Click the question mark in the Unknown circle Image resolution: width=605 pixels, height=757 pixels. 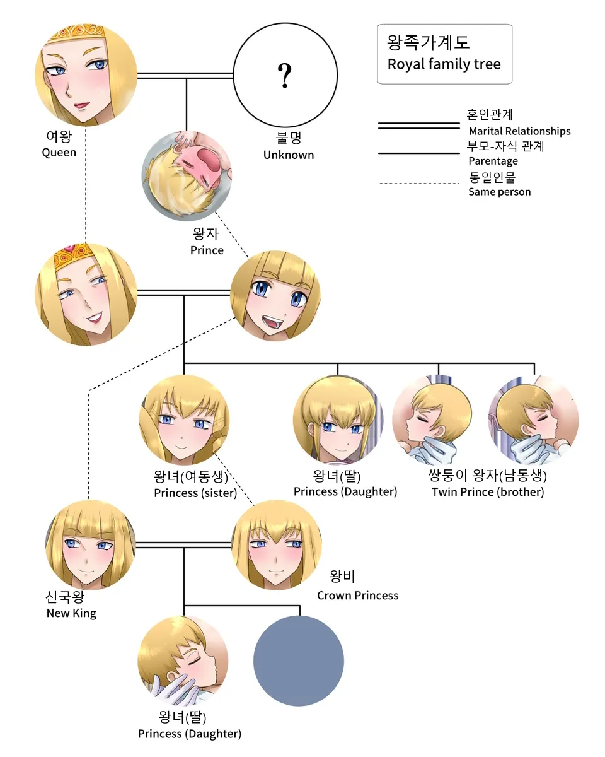pyautogui.click(x=285, y=76)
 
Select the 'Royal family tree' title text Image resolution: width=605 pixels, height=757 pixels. pyautogui.click(x=444, y=64)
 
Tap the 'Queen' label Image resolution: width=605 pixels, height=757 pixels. pyautogui.click(x=59, y=153)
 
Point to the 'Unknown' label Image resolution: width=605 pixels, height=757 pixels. pyautogui.click(x=288, y=155)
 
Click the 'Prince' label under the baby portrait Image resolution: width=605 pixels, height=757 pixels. pyautogui.click(x=207, y=250)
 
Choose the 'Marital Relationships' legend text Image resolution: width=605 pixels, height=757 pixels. pyautogui.click(x=519, y=131)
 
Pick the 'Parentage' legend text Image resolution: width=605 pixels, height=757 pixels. pyautogui.click(x=493, y=161)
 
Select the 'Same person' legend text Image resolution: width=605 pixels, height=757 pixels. pyautogui.click(x=499, y=192)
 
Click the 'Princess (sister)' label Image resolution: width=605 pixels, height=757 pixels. pyautogui.click(x=195, y=493)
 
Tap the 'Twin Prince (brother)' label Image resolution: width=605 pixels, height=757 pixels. pyautogui.click(x=487, y=492)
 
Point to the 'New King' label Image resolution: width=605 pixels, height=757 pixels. pyautogui.click(x=71, y=613)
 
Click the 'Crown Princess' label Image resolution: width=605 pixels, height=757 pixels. pyautogui.click(x=357, y=596)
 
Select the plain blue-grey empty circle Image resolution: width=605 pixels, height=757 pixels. pyautogui.click(x=298, y=661)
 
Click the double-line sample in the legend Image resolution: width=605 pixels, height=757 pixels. pyautogui.click(x=418, y=126)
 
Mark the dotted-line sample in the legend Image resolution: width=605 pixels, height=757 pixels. pyautogui.click(x=418, y=184)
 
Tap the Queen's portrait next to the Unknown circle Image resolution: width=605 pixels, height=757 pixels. pyautogui.click(x=86, y=75)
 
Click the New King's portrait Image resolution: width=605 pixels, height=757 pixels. pyautogui.click(x=90, y=544)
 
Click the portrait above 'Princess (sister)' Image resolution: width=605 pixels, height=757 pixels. pyautogui.click(x=183, y=420)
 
